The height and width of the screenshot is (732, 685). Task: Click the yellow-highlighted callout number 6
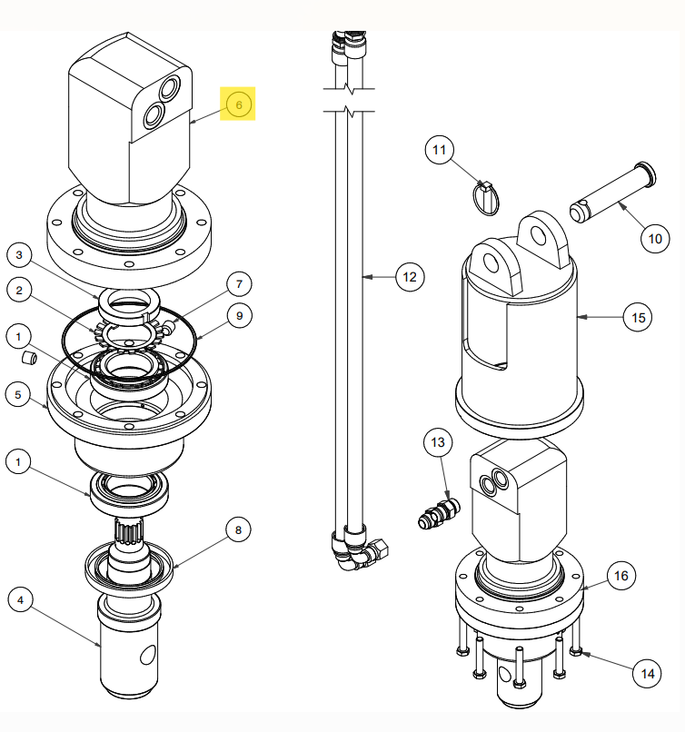point(239,104)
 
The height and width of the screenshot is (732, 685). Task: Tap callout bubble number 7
point(238,284)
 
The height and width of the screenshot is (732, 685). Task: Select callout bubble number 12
point(410,275)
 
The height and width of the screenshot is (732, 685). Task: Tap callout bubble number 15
point(638,317)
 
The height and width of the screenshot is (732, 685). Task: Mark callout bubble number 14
point(647,673)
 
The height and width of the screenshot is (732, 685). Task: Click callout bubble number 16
point(621,576)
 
